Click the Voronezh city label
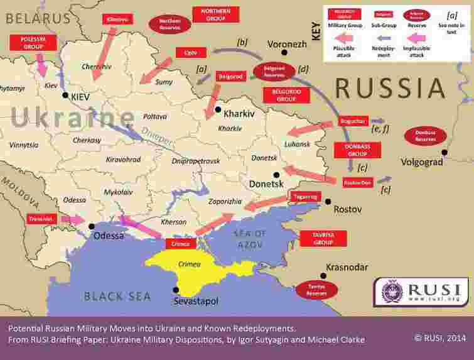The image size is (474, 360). pos(287,45)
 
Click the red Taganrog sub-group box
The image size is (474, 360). pos(304,197)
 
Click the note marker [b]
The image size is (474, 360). pos(242,43)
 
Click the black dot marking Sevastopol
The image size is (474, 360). pos(176,290)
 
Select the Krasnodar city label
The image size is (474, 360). pos(347,268)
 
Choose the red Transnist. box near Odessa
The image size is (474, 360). pos(43,219)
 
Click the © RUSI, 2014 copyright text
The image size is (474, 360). pos(440,337)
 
